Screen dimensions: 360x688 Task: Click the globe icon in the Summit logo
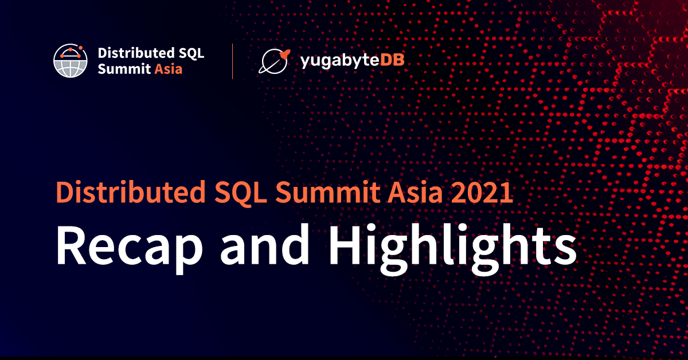coord(71,60)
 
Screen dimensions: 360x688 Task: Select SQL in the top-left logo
coord(190,53)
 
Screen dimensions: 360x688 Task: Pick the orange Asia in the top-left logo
coord(169,69)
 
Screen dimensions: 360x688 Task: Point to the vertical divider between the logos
coord(232,61)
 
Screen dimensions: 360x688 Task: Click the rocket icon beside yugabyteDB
coord(274,61)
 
